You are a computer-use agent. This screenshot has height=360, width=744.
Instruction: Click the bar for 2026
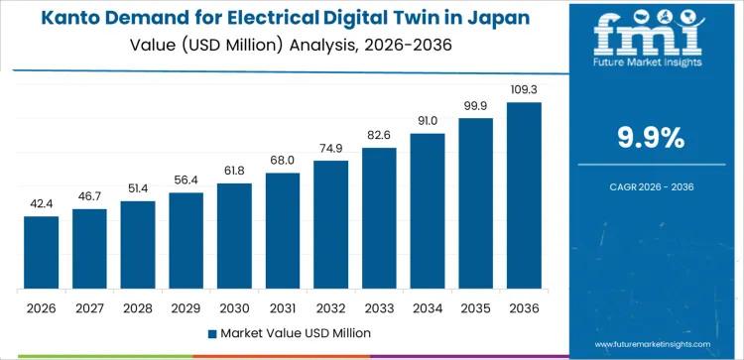(42, 253)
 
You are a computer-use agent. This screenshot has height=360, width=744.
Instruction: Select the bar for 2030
(235, 236)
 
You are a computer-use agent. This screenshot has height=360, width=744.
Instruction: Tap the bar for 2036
(525, 195)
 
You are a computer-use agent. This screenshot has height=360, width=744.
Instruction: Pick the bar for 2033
(380, 218)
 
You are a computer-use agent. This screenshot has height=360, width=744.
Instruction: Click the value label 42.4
(42, 204)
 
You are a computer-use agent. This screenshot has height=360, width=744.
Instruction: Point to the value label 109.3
(525, 90)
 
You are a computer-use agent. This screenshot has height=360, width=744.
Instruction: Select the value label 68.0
(284, 161)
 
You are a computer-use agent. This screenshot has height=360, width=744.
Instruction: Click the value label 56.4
(186, 180)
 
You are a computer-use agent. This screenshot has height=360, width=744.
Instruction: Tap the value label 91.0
(429, 121)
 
